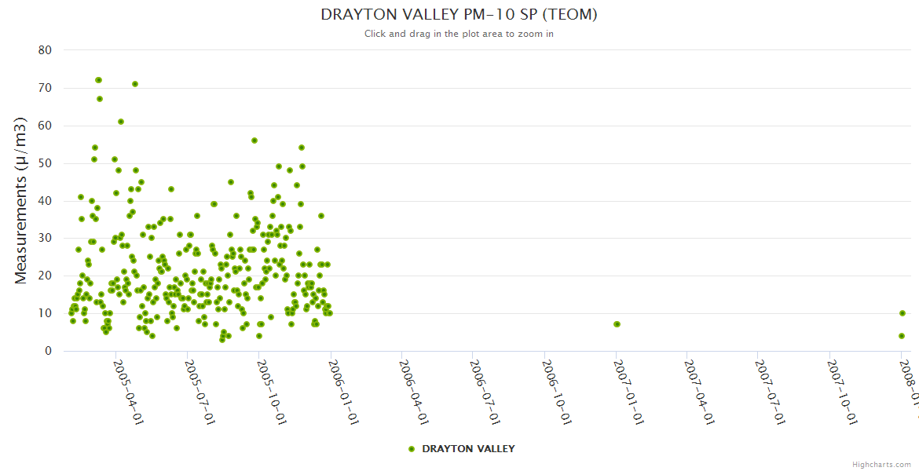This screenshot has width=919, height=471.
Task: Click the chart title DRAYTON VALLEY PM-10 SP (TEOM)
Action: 459,15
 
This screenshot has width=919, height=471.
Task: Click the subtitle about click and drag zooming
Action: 459,34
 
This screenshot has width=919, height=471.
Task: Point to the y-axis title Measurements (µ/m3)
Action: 21,200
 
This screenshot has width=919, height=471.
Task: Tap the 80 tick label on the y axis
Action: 45,50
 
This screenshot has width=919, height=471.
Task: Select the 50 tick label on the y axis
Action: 45,163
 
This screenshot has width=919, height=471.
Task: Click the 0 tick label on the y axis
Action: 48,351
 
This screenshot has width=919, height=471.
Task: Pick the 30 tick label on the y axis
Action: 45,239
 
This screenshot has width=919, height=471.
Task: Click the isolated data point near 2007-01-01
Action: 617,324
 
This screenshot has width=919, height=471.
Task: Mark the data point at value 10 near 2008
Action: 903,313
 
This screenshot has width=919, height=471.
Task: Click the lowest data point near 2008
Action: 902,336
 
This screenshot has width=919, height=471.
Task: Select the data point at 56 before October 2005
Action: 254,141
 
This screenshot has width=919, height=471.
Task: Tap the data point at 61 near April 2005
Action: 121,122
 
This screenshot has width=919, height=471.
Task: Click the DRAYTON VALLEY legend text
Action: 468,449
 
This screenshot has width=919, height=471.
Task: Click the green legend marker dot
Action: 412,449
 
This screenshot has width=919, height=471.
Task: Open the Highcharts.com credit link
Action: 881,465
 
